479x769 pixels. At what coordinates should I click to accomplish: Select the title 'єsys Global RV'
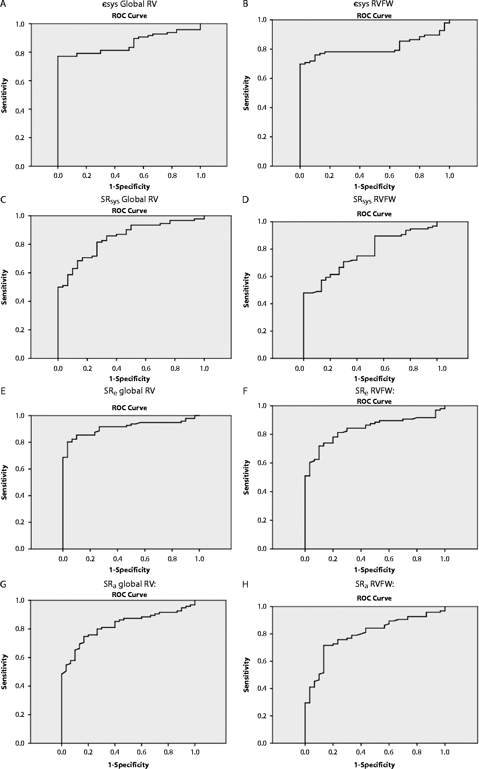coord(129,5)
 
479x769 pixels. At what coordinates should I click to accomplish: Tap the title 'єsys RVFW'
coord(374,5)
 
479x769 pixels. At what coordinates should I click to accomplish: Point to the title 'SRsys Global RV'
coord(129,199)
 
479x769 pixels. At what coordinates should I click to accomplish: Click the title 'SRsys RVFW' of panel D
coord(374,200)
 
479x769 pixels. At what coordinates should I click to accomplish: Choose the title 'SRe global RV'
coord(129,391)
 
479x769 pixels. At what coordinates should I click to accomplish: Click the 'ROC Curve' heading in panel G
coord(129,595)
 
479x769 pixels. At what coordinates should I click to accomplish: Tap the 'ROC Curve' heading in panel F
coord(374,401)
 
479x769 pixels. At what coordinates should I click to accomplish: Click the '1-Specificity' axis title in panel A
coord(129,186)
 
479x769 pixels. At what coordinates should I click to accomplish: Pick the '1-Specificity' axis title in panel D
coord(374,379)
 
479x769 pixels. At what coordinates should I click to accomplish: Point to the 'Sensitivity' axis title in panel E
coord(4,482)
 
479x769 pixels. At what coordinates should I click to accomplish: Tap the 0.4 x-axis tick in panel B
coord(360,176)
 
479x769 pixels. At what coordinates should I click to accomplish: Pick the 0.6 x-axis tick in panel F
coord(389,559)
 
